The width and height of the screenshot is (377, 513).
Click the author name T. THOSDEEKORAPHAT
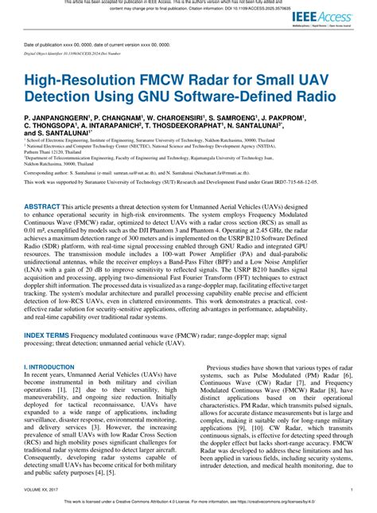(190, 125)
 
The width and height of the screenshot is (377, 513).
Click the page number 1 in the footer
(352, 490)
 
